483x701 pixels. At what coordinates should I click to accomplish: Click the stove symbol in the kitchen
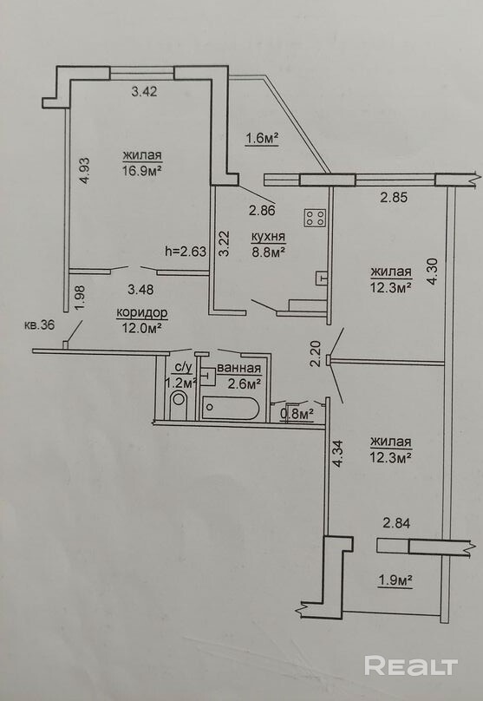315,218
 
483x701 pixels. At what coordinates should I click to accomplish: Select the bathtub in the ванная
230,408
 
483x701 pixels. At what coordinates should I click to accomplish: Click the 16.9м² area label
142,171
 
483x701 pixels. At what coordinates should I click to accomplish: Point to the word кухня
268,237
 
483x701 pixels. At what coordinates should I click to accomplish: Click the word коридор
141,312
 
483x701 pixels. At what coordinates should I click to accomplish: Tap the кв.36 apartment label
39,325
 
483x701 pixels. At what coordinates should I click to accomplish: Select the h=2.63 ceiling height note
186,252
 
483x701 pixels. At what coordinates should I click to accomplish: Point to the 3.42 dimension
144,92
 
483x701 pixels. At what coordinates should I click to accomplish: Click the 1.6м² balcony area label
262,139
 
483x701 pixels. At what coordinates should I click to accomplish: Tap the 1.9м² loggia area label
395,580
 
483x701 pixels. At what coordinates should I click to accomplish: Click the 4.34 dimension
338,455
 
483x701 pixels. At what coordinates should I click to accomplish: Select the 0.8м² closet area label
297,415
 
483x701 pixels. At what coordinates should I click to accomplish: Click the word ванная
238,369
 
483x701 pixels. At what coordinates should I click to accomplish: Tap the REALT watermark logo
411,665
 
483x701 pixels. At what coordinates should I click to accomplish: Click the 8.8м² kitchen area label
268,252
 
